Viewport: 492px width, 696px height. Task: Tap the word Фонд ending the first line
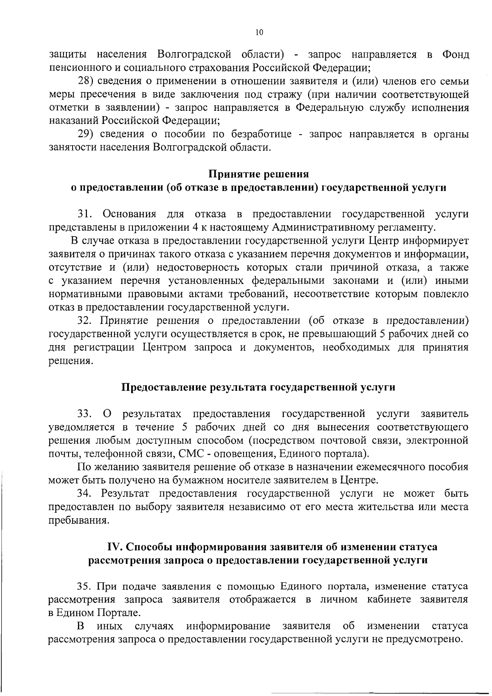click(455, 55)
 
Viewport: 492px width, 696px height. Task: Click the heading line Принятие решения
click(259, 174)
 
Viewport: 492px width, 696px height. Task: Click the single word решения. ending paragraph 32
click(69, 361)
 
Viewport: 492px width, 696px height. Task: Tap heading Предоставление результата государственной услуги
click(259, 387)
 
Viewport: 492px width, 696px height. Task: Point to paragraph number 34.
click(87, 493)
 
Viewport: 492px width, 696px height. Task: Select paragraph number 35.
click(87, 586)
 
